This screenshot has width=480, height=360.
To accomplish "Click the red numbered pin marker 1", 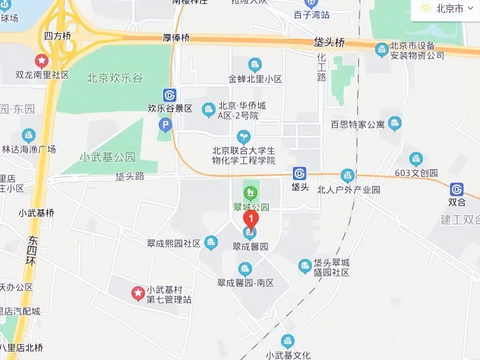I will point(251,219).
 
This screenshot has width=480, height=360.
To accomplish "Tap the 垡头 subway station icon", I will point(300,174).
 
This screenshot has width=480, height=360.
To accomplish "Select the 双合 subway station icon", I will point(456,189).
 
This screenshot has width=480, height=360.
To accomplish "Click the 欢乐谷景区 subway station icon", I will point(169,95).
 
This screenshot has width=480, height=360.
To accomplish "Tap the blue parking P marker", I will point(165,124).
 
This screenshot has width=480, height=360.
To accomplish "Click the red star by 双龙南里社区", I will point(41,60).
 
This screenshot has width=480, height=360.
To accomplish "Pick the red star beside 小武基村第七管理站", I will point(138,293).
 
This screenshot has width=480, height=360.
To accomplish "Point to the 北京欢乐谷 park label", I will point(115,78).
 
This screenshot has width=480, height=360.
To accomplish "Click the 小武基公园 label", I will point(107,157).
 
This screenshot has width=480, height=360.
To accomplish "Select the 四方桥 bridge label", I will point(58,36).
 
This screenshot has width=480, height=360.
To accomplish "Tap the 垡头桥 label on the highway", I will point(329,43).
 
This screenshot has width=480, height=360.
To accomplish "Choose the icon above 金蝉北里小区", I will point(255,65).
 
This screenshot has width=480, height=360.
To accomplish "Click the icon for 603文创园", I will point(416,159).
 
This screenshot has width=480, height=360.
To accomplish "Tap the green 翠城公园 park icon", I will point(250,193).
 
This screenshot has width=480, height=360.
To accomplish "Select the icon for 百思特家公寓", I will point(395,123).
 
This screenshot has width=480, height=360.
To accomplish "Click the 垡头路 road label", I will point(130,176).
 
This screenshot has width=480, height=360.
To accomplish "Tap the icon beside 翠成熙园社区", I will point(211,242).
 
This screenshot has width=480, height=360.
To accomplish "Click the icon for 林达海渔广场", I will point(28,135).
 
